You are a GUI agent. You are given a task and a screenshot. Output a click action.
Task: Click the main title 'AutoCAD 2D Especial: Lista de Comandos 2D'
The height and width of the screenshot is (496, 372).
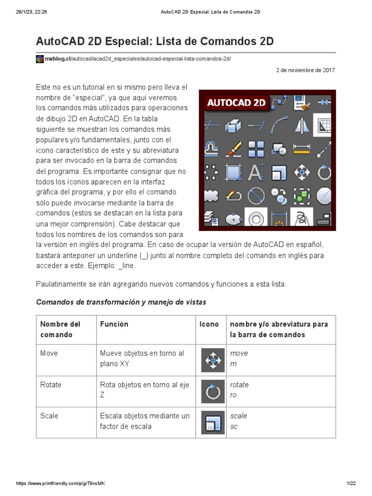155,42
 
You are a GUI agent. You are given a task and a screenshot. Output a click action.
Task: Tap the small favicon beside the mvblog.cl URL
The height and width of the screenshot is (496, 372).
40,59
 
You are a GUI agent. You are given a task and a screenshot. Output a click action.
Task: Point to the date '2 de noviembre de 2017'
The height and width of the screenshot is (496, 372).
305,70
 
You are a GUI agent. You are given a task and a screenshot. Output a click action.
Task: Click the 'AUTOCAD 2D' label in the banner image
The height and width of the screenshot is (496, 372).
236,102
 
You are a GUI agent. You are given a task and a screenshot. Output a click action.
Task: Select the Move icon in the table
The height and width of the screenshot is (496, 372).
213,360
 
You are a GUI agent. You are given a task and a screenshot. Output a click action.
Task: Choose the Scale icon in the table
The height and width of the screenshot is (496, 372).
213,422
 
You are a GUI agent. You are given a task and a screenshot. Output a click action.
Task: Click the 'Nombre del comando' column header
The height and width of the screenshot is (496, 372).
60,329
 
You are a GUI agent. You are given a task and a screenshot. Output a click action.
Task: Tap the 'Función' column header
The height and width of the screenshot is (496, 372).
114,324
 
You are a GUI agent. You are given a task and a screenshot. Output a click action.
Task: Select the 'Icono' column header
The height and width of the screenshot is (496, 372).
209,324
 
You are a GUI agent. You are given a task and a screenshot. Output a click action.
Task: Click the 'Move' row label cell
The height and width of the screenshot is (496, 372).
49,354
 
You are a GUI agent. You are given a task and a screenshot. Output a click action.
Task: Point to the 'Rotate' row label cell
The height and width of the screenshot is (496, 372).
51,385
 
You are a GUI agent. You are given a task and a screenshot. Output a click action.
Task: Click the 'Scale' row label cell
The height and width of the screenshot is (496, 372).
49,416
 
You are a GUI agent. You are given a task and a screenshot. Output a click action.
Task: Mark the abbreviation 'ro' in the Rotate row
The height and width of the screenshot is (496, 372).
233,395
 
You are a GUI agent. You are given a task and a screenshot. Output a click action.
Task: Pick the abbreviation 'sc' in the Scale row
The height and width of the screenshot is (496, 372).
234,427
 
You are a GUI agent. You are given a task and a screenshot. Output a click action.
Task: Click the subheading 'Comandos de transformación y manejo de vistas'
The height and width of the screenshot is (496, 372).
121,302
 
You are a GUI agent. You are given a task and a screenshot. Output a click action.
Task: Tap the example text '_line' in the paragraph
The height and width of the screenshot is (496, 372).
127,266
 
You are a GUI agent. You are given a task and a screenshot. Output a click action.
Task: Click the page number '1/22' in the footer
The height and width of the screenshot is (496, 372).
351,484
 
